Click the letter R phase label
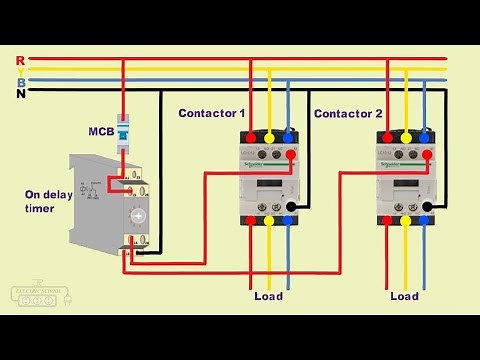click(x=21, y=60)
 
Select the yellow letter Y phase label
click(x=21, y=71)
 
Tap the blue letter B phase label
click(x=21, y=82)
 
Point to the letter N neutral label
click(x=21, y=93)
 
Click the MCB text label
click(x=101, y=131)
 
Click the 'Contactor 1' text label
click(x=211, y=114)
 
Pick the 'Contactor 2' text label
click(x=348, y=114)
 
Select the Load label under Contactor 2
click(x=404, y=296)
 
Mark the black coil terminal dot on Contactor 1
click(x=290, y=208)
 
